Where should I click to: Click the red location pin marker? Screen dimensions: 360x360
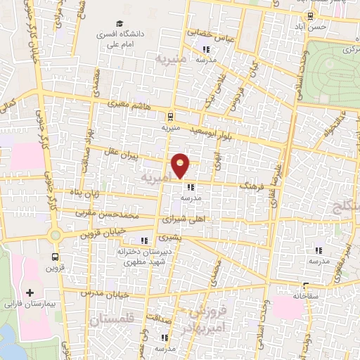click(181, 165)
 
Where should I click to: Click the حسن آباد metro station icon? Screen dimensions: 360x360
click(309, 15)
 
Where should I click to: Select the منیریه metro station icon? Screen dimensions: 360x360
click(169, 117)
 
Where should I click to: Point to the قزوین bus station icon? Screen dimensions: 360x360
click(55, 257)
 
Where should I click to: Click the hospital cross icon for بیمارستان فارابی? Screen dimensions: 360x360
click(29, 292)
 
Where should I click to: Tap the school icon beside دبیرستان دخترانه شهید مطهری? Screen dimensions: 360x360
click(145, 240)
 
